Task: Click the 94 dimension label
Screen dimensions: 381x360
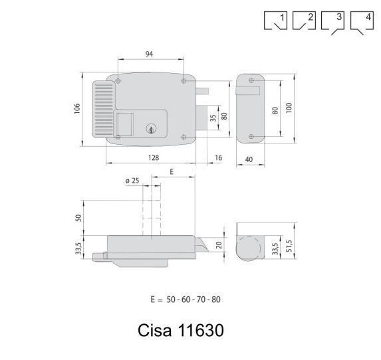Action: [x=149, y=54]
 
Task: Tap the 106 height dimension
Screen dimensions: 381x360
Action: [x=77, y=108]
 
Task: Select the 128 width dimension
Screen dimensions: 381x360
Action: [x=154, y=158]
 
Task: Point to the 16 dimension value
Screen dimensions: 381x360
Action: [x=219, y=158]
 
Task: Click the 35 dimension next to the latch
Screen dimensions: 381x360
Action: [x=213, y=118]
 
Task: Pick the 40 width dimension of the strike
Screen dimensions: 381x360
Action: [x=249, y=159]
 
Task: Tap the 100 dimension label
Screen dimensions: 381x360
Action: [x=289, y=108]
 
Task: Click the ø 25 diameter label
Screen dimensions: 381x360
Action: [x=132, y=181]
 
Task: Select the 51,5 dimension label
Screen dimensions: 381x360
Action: [x=289, y=246]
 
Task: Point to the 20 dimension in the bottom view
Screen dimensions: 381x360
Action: [x=219, y=245]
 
